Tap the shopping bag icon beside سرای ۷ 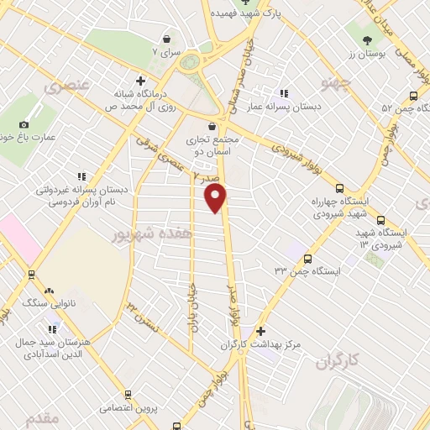[167, 39]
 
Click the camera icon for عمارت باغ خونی [24, 125]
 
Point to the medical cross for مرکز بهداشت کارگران [261, 331]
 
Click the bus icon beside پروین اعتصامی [128, 394]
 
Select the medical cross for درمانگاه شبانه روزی [127, 82]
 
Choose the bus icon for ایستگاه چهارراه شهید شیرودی [339, 189]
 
